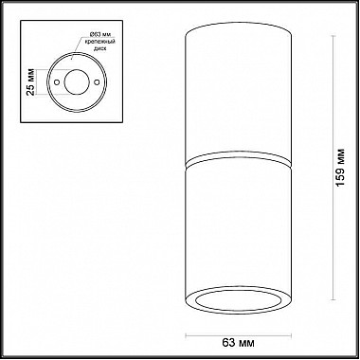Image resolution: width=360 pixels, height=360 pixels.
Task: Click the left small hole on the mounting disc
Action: click(57, 84)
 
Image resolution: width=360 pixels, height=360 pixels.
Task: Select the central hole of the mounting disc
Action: click(73, 84)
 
